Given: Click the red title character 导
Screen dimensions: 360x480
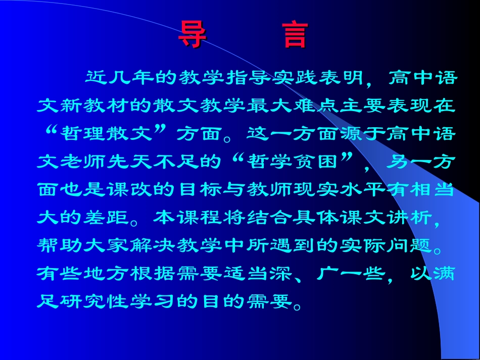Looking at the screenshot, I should pos(192,35).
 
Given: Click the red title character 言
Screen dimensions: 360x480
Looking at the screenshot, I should pos(296,35).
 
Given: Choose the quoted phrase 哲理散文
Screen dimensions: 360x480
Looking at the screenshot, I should pos(108,134).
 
